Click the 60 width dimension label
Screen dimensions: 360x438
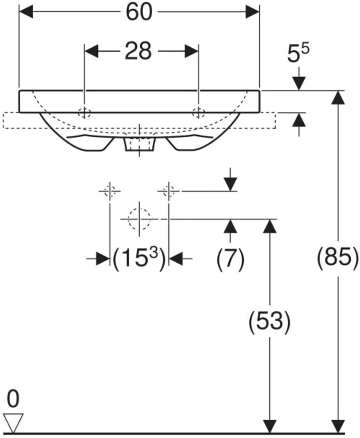[139, 12]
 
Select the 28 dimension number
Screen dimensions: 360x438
[138, 51]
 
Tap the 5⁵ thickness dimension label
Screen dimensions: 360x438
[298, 54]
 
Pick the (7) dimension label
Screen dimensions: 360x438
[230, 259]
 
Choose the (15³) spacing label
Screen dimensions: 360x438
[139, 259]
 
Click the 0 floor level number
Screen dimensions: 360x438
[13, 399]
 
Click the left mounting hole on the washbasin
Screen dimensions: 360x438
[84, 112]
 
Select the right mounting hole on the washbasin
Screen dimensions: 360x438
[199, 112]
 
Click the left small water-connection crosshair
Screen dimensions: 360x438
[110, 191]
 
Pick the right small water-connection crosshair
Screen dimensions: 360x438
[168, 191]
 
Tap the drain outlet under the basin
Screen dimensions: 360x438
[139, 145]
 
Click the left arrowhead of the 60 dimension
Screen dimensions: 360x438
[26, 12]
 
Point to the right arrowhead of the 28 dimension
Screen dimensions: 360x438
[191, 51]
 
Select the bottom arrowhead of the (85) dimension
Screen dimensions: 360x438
[338, 427]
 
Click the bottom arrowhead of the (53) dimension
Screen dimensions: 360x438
[269, 427]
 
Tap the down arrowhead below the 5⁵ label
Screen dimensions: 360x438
[299, 83]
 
